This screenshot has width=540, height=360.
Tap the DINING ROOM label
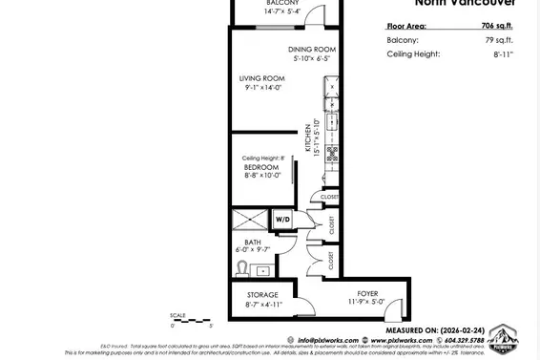311,49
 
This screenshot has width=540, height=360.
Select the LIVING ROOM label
262,78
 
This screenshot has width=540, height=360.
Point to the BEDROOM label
261,167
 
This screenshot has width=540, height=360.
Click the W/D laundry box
282,221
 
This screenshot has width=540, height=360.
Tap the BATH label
253,242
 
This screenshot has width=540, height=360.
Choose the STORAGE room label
262,295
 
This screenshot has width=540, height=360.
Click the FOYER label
367,295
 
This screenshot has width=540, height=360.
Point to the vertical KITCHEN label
309,138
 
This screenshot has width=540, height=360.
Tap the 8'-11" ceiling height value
502,54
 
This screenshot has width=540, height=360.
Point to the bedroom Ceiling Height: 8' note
263,158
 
